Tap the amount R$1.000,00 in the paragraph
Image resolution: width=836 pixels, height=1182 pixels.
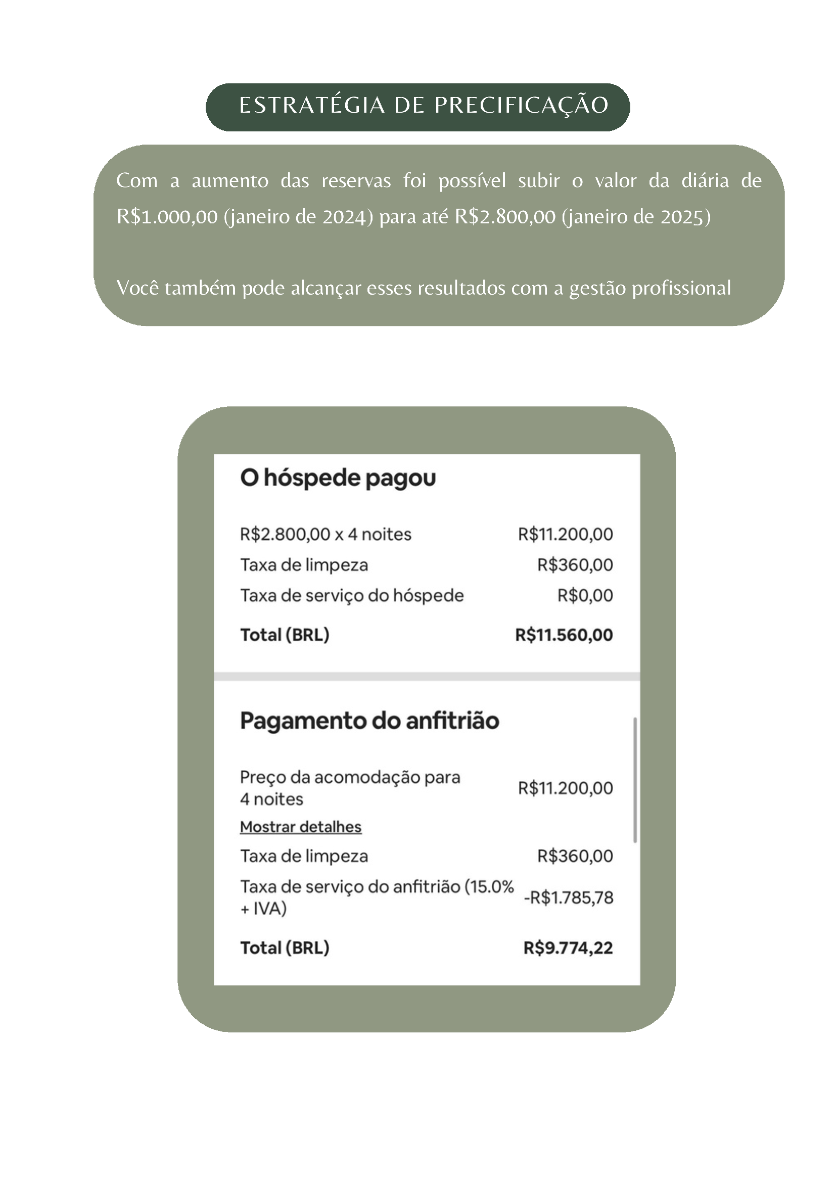tap(167, 217)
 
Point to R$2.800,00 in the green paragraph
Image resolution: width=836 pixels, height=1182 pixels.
tap(505, 217)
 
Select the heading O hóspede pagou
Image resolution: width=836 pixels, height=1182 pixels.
tap(338, 478)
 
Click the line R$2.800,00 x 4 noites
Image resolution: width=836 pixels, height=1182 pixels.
tap(326, 534)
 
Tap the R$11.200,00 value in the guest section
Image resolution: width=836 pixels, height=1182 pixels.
tap(565, 534)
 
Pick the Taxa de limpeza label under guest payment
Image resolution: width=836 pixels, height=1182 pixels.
tap(304, 565)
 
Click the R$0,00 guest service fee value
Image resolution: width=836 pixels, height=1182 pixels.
tap(585, 596)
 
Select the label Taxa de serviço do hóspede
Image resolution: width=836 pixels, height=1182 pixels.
tap(352, 596)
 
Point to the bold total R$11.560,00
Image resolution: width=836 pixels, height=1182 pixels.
tap(564, 635)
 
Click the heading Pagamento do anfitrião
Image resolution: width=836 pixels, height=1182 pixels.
tap(369, 721)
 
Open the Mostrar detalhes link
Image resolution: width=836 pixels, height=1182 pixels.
tap(301, 827)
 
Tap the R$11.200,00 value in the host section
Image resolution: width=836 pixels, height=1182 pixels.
tap(565, 788)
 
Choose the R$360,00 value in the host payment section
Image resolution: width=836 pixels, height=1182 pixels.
tap(575, 856)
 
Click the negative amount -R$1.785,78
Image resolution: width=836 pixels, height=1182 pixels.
tap(568, 898)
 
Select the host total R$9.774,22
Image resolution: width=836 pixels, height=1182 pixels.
tap(568, 948)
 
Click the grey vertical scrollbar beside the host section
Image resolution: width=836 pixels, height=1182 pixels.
tap(635, 779)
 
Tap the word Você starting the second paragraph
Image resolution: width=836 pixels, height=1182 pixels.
tap(137, 288)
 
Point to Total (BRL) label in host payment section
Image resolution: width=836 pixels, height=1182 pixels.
tap(285, 948)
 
